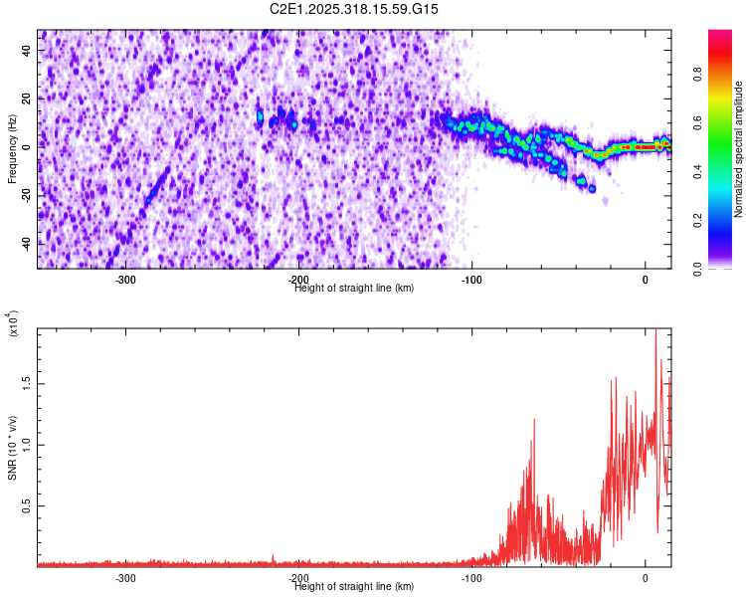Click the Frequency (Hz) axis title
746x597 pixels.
click(12, 148)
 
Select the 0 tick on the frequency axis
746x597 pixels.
click(28, 146)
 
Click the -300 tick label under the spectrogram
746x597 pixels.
click(125, 280)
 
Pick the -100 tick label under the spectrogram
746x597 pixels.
click(471, 280)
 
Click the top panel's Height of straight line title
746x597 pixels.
click(354, 288)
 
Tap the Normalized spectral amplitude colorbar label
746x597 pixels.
click(739, 149)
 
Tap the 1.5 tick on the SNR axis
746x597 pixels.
click(28, 382)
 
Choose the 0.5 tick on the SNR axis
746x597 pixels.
click(28, 505)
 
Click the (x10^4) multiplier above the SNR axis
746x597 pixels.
click(12, 322)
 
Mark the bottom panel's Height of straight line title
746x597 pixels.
click(354, 586)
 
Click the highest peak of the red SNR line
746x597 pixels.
click(655, 332)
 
